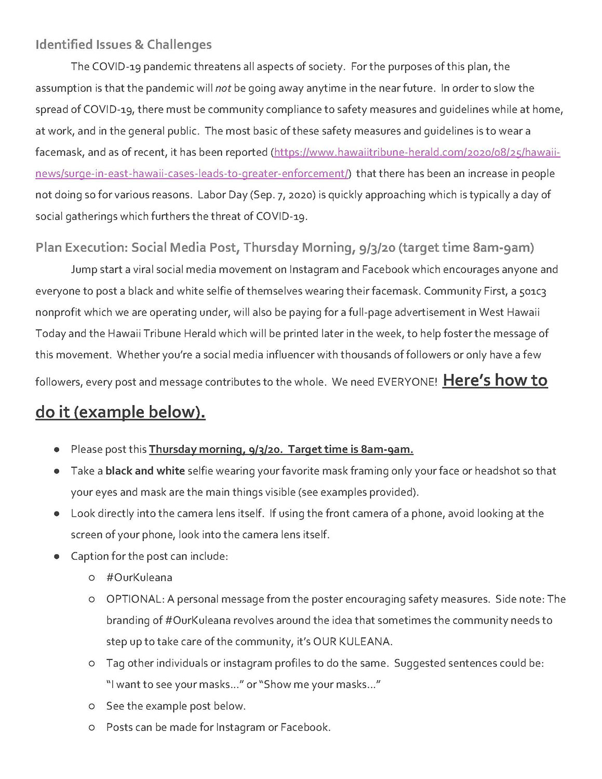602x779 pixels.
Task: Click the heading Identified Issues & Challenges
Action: [x=123, y=45]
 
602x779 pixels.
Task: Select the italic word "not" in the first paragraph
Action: [x=223, y=88]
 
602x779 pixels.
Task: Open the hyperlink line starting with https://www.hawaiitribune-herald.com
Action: [x=417, y=153]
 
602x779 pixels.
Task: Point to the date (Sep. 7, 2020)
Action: [x=280, y=195]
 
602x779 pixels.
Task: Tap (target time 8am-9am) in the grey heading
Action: [x=466, y=248]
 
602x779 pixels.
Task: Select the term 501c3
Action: [x=532, y=291]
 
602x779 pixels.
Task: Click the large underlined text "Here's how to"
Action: [x=495, y=381]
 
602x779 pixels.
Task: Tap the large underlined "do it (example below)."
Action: [x=120, y=412]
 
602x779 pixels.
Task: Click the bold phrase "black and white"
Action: [x=145, y=471]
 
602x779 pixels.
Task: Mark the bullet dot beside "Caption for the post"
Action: [x=56, y=557]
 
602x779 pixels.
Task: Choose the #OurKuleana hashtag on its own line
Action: [x=139, y=578]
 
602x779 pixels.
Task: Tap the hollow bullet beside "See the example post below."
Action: [x=91, y=706]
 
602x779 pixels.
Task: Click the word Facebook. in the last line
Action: [x=305, y=728]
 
